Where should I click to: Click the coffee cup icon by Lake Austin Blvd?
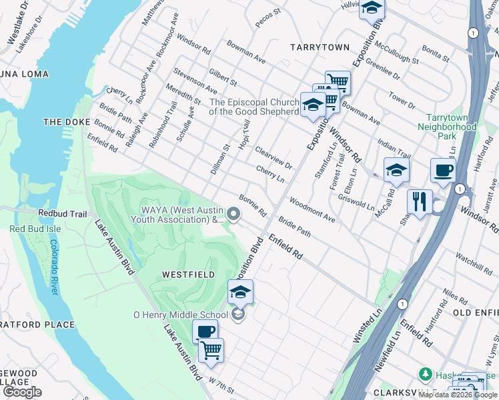tap(205, 331)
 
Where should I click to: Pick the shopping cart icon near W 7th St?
tap(211, 349)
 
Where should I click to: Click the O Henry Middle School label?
tap(181, 315)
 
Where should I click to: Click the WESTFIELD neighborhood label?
tap(187, 275)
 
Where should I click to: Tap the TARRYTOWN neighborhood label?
tap(320, 47)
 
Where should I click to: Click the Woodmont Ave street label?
tap(312, 209)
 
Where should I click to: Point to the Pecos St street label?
tap(270, 21)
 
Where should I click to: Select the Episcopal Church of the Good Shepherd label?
tap(254, 107)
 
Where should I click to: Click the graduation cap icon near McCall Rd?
tap(396, 170)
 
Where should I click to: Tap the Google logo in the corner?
tap(22, 392)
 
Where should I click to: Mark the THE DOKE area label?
tap(61, 122)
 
